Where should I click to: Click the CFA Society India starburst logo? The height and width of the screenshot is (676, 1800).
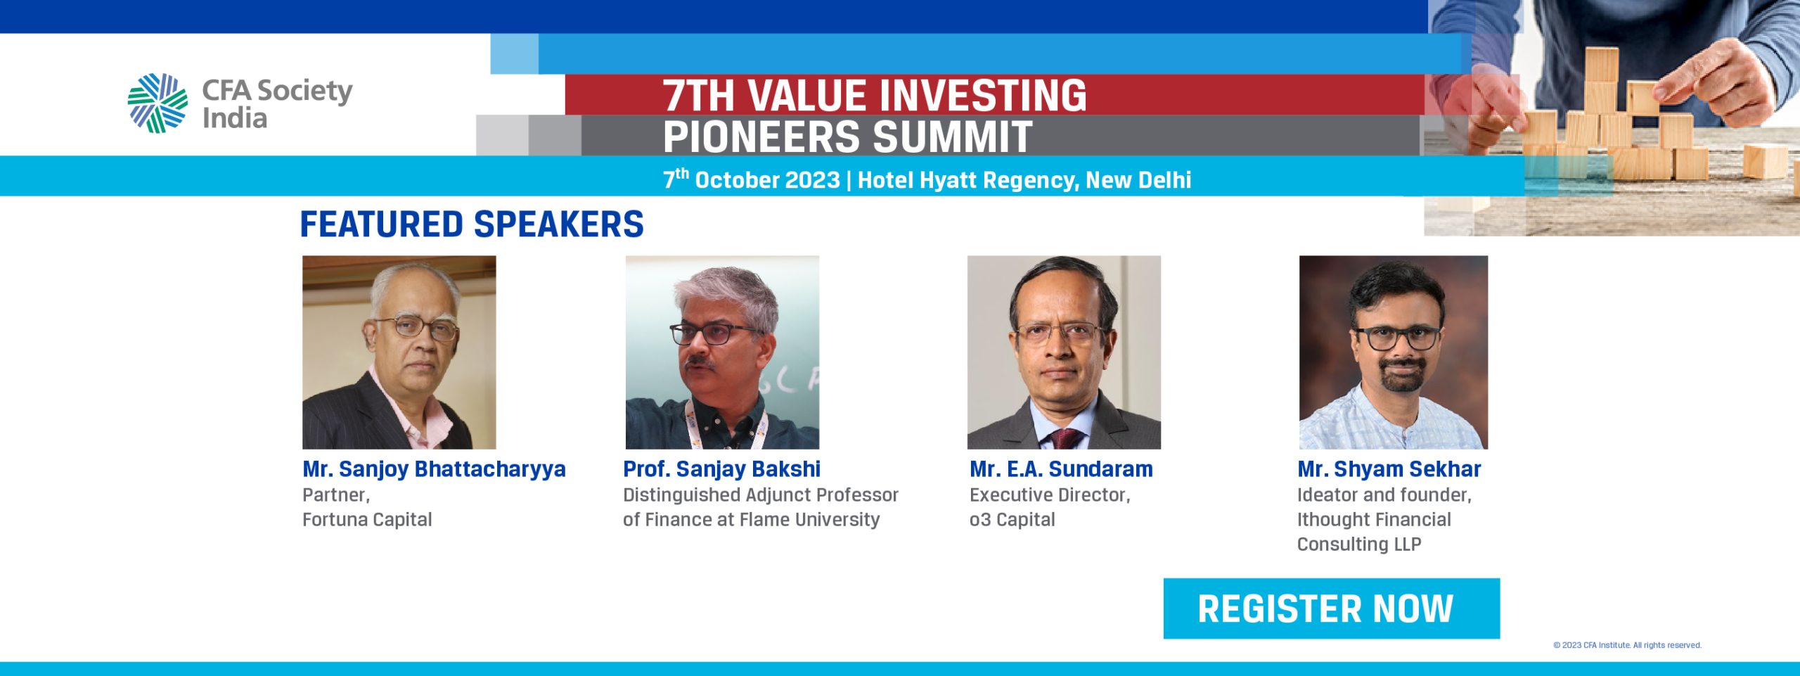click(x=157, y=103)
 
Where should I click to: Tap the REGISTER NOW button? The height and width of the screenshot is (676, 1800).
click(x=1331, y=608)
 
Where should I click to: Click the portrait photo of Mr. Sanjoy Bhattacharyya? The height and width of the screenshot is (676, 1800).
click(x=399, y=352)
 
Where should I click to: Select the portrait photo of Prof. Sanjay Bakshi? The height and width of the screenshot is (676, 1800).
click(x=722, y=352)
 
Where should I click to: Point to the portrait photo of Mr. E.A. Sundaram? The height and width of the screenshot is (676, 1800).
click(x=1064, y=352)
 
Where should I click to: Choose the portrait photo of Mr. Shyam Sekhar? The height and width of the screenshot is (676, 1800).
click(x=1393, y=352)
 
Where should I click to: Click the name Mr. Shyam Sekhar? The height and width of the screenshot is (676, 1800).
click(x=1389, y=468)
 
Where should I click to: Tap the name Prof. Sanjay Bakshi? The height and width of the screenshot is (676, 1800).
click(x=721, y=469)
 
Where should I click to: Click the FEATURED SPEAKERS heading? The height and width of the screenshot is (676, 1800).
click(x=472, y=224)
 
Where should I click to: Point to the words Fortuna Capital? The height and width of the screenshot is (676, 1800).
click(x=367, y=520)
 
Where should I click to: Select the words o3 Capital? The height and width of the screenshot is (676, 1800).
click(x=1012, y=520)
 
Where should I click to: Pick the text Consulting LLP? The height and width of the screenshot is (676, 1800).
click(x=1359, y=544)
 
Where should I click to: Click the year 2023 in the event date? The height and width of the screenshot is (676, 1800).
click(x=812, y=180)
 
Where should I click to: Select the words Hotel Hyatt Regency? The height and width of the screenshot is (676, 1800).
click(x=967, y=181)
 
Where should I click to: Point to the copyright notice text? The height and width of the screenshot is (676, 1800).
click(x=1627, y=645)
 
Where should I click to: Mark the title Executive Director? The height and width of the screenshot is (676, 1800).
click(x=1050, y=495)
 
